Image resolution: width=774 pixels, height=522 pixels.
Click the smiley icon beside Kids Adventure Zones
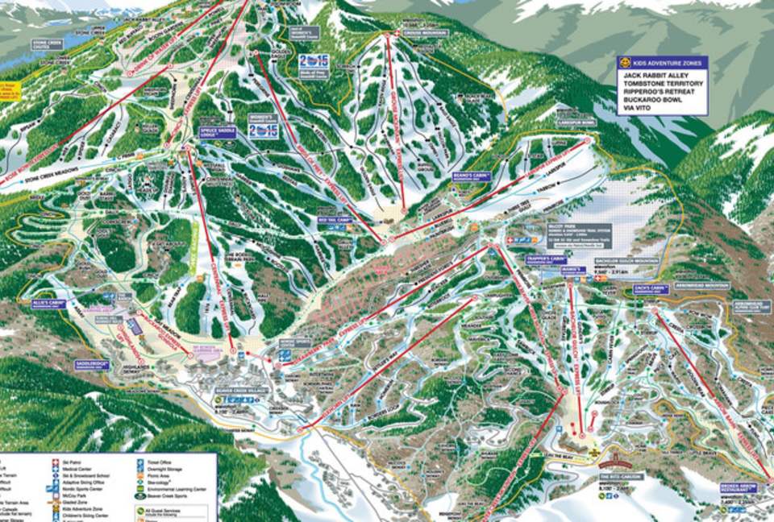(623, 62)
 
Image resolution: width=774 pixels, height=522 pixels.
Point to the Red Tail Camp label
(336, 219)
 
